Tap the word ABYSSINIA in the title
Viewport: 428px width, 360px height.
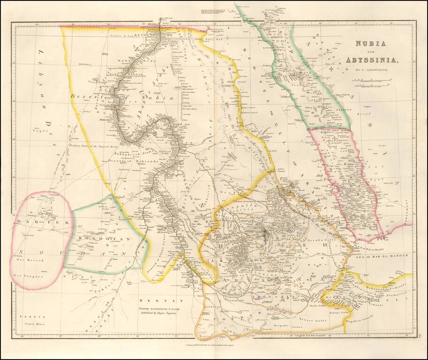click(372, 60)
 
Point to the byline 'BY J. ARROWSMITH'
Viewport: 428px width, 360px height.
click(375, 70)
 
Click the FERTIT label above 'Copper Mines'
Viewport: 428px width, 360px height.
click(29, 317)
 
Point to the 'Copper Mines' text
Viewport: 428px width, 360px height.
click(31, 323)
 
